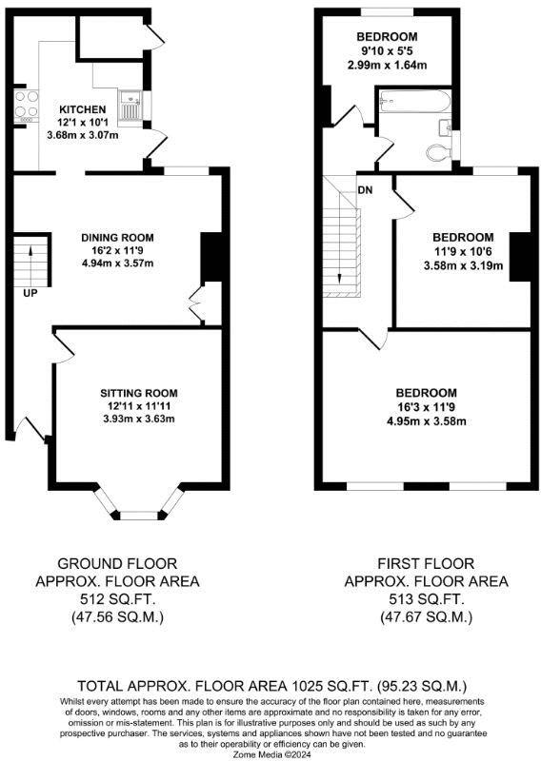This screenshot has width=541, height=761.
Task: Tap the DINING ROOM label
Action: click(x=117, y=238)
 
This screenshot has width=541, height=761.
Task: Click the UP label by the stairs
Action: click(x=30, y=292)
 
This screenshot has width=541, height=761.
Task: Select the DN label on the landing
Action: click(x=365, y=189)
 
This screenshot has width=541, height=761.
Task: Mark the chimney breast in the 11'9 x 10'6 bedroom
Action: click(x=520, y=256)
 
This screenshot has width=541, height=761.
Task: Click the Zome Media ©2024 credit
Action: click(x=270, y=752)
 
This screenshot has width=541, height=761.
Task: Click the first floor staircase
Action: click(x=341, y=238)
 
